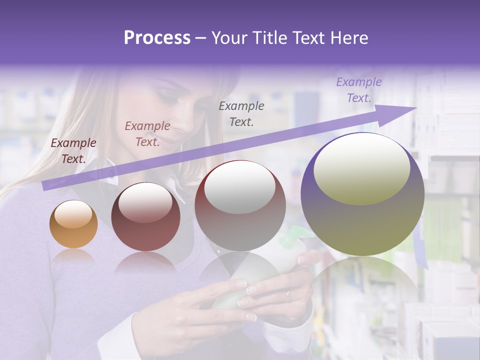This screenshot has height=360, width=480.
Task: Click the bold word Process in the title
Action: tap(157, 37)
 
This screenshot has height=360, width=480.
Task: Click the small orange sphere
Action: tap(73, 224)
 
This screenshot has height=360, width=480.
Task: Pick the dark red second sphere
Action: tap(145, 217)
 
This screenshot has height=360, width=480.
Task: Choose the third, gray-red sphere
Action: tap(240, 205)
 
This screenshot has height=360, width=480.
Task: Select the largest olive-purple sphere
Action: tap(362, 194)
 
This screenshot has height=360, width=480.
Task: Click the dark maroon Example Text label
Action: tap(73, 151)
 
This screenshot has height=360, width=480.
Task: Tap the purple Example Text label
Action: tap(358, 90)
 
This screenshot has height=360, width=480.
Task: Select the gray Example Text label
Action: tap(241, 113)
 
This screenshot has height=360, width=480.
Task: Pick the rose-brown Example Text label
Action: tap(147, 133)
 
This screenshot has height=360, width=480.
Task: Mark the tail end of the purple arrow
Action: tap(45, 185)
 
